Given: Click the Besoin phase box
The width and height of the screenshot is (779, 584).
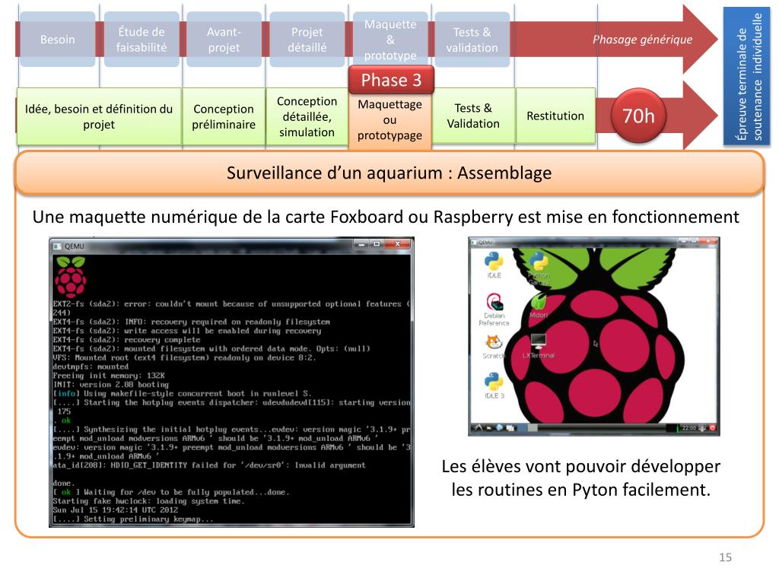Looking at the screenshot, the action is pyautogui.click(x=58, y=40).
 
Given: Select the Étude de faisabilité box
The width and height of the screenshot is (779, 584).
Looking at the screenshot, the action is pyautogui.click(x=141, y=40).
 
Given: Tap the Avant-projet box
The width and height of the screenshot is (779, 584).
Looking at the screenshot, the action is pyautogui.click(x=224, y=40).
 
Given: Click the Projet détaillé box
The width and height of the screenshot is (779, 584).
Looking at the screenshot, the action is pyautogui.click(x=307, y=40).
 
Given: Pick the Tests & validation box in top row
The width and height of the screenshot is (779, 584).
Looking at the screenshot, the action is pyautogui.click(x=472, y=40).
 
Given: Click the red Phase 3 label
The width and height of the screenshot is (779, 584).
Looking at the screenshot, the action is pyautogui.click(x=390, y=81).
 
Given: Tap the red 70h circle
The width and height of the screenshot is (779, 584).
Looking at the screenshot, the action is pyautogui.click(x=638, y=116).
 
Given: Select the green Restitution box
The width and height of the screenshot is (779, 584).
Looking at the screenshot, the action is pyautogui.click(x=555, y=116).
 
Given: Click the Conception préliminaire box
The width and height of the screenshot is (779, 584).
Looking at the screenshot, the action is pyautogui.click(x=224, y=116).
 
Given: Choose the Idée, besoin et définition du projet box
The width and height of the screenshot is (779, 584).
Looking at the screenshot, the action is pyautogui.click(x=99, y=116).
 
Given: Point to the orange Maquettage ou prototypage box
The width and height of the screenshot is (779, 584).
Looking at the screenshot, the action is pyautogui.click(x=389, y=120).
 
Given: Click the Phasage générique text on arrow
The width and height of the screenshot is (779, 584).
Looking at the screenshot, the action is pyautogui.click(x=642, y=40).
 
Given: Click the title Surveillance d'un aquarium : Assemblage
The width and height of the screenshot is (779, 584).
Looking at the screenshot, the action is pyautogui.click(x=389, y=173).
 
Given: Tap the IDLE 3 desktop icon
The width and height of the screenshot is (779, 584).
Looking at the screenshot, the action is pyautogui.click(x=493, y=383).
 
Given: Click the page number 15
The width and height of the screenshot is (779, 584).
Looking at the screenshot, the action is pyautogui.click(x=725, y=558).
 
